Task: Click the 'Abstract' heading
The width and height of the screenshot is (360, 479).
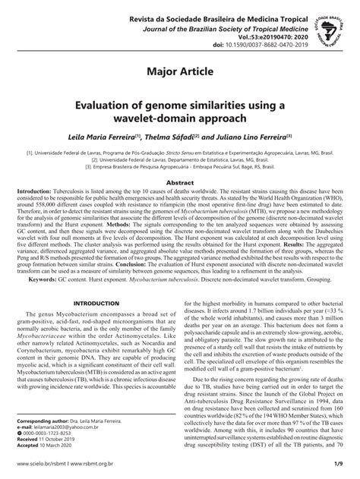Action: [x=180, y=183]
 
